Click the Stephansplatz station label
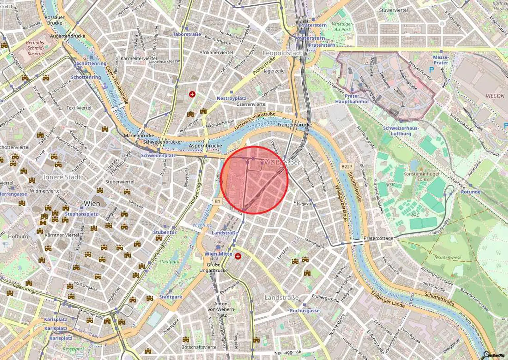point(81,214)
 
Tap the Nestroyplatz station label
point(232,98)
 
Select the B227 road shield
point(347,167)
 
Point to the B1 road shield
point(217,201)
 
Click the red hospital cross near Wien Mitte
point(238,256)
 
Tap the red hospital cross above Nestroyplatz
point(192,94)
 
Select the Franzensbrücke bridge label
point(295,125)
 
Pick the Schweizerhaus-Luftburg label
point(401,131)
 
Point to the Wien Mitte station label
point(218,254)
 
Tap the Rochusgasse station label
point(305,310)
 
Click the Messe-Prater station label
point(441,60)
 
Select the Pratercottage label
point(378,238)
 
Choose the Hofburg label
point(18,236)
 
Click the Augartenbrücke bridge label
point(68,36)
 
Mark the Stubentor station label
point(165,232)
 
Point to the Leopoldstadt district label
point(282,53)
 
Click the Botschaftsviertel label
point(199,347)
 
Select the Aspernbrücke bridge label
point(205,146)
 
